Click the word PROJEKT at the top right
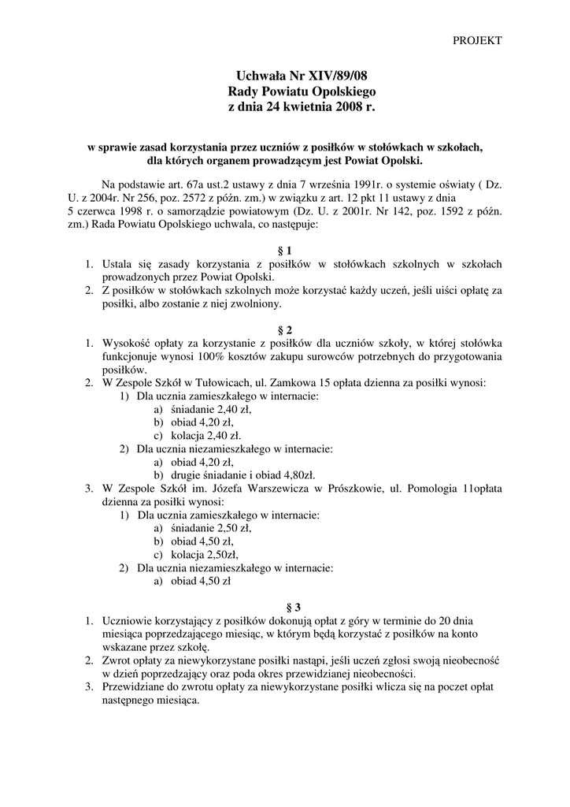(477, 40)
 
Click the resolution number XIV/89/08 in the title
(336, 76)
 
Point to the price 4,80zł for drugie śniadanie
(299, 475)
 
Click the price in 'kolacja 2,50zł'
(223, 555)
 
